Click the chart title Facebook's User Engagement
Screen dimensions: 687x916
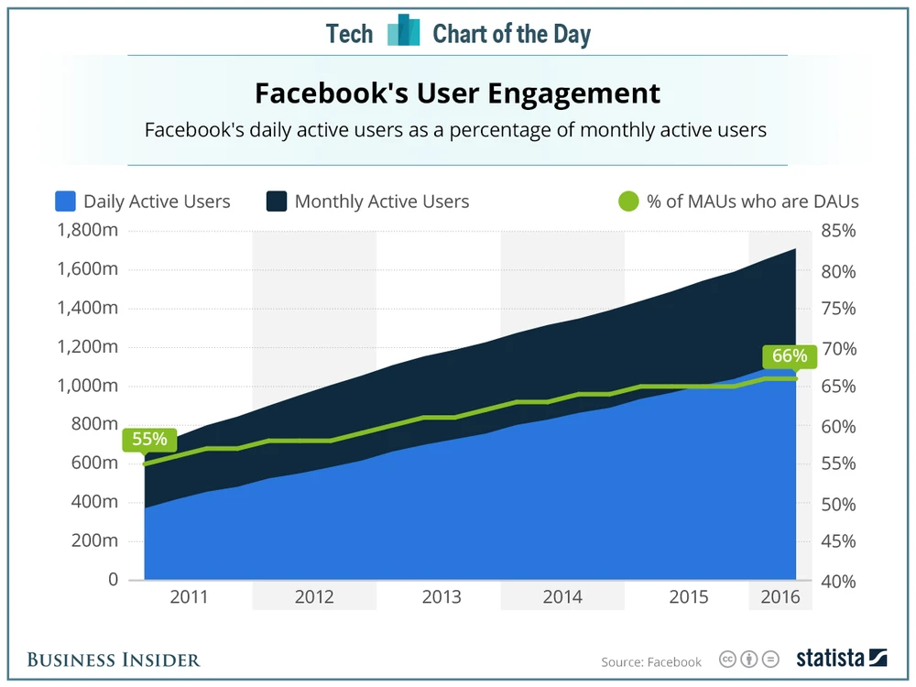[456, 93]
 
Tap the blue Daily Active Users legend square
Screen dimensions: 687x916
[65, 202]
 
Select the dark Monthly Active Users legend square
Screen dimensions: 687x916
[277, 202]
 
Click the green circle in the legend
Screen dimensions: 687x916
[627, 202]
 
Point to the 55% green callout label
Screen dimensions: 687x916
[149, 440]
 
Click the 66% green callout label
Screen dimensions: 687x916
[785, 355]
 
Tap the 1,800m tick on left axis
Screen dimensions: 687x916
[87, 231]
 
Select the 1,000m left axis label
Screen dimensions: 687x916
[87, 386]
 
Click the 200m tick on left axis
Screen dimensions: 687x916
[95, 540]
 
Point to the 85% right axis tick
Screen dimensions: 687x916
[838, 231]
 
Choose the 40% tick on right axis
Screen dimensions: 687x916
[838, 580]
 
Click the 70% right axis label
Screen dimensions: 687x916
[838, 348]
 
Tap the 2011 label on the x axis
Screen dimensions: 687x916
[190, 597]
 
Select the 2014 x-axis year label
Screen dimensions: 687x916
[562, 597]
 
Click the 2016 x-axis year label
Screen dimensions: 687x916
[780, 597]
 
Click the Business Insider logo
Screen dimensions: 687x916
[114, 660]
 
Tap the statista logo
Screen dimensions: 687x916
[841, 659]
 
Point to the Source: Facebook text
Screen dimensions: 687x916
[651, 661]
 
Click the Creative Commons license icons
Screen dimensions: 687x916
[748, 660]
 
